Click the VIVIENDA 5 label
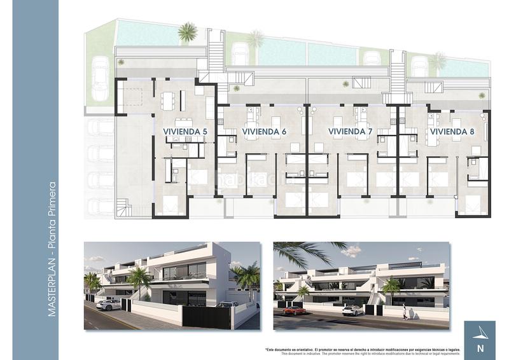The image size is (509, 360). click(x=185, y=132)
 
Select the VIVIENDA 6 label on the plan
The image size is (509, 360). click(x=264, y=132)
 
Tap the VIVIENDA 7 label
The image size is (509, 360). click(x=350, y=132)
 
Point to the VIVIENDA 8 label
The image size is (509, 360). click(x=452, y=132)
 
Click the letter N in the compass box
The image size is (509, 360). click(x=480, y=348)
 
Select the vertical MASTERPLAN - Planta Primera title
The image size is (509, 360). click(x=52, y=250)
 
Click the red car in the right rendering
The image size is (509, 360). click(x=294, y=310)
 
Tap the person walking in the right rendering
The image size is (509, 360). click(x=405, y=311)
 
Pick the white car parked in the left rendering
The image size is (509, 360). click(x=108, y=305)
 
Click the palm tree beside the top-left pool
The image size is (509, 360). click(x=188, y=31)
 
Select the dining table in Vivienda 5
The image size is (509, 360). click(x=167, y=100)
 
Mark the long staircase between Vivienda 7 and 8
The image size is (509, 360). click(x=398, y=77)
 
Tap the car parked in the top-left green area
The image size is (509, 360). click(x=100, y=78)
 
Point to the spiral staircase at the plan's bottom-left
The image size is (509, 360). click(x=123, y=207)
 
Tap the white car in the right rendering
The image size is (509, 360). click(x=352, y=310)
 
